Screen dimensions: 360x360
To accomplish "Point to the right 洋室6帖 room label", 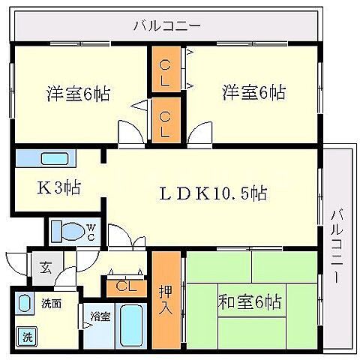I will pyautogui.click(x=253, y=93).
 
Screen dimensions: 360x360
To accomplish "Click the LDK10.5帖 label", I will pyautogui.click(x=211, y=193).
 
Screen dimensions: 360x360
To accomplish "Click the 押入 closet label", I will pyautogui.click(x=166, y=298).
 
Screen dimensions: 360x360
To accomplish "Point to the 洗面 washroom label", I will pyautogui.click(x=51, y=304).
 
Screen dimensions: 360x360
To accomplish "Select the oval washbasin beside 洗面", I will pyautogui.click(x=25, y=306).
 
